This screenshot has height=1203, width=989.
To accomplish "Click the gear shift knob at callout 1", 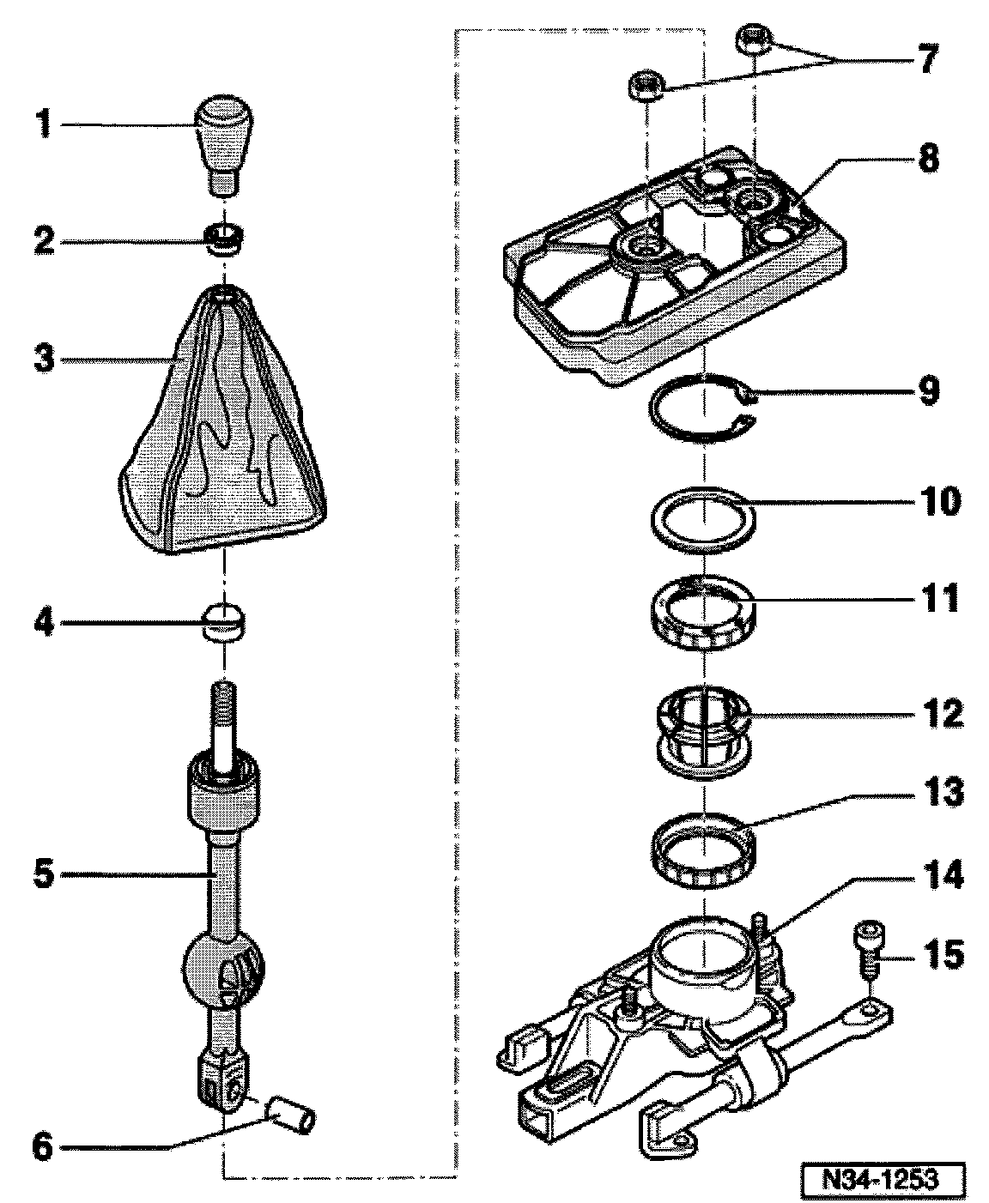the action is point(225,146).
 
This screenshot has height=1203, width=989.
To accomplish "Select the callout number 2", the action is point(45,241).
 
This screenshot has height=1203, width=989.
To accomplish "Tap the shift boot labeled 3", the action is point(222,420).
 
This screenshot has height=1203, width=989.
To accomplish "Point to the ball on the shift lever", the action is point(224,968).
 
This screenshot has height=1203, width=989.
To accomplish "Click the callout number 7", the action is point(927,59).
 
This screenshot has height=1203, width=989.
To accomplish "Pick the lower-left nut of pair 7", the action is point(645,86).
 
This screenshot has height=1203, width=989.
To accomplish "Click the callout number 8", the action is point(928,159).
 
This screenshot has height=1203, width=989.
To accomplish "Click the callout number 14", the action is point(941,874).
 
